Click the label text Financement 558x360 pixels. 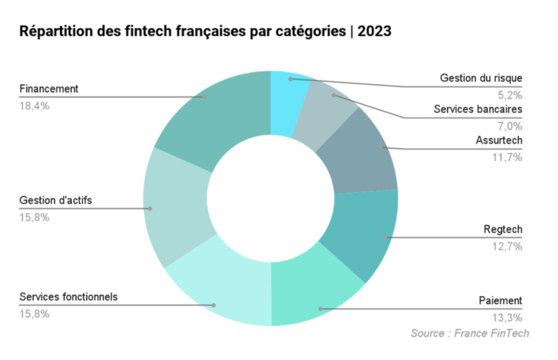[49, 89]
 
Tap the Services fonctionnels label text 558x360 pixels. [69, 297]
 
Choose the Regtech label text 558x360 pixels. [503, 230]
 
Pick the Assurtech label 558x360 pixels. [499, 140]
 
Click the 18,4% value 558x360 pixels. [35, 105]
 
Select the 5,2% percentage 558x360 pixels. [509, 94]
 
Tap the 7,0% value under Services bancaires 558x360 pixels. [509, 125]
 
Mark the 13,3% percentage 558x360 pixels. [507, 317]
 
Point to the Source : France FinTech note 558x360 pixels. [470, 333]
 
